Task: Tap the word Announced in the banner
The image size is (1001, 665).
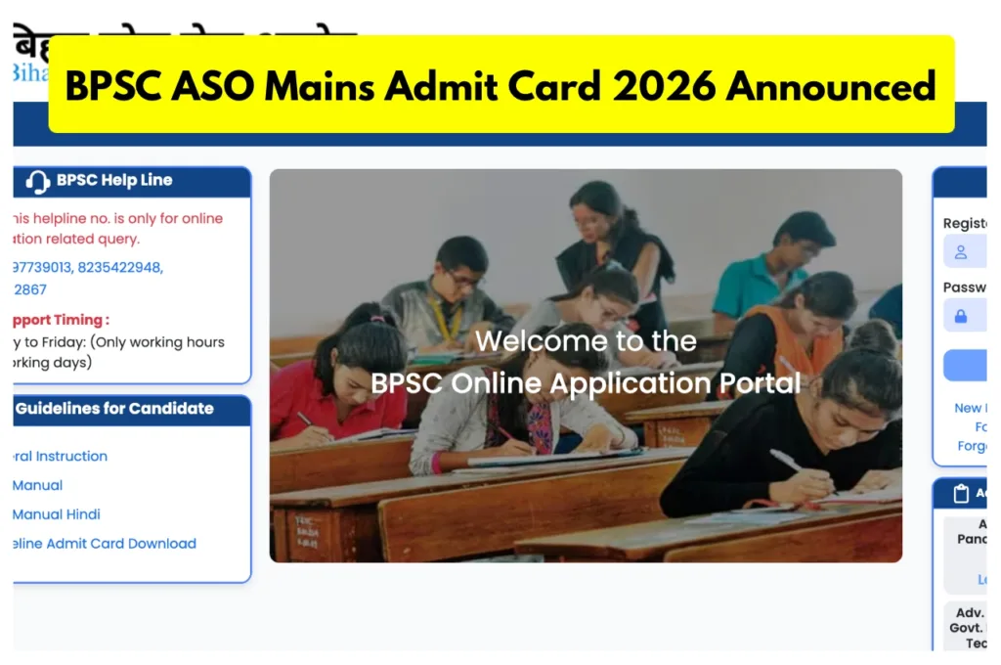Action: coord(831,86)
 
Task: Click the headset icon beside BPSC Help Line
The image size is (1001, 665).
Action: coord(38,182)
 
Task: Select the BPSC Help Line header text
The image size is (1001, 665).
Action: coord(114,181)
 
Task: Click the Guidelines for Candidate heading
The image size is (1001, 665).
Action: coord(114,409)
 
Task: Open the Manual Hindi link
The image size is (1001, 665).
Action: coord(57,514)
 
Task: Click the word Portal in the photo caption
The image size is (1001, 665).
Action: coord(761,383)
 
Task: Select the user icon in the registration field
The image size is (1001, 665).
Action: coord(961,252)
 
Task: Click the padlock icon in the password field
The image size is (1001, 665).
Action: coord(961,317)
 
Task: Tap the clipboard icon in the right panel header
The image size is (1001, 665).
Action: coord(961,494)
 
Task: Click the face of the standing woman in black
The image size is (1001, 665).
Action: coord(593,221)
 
